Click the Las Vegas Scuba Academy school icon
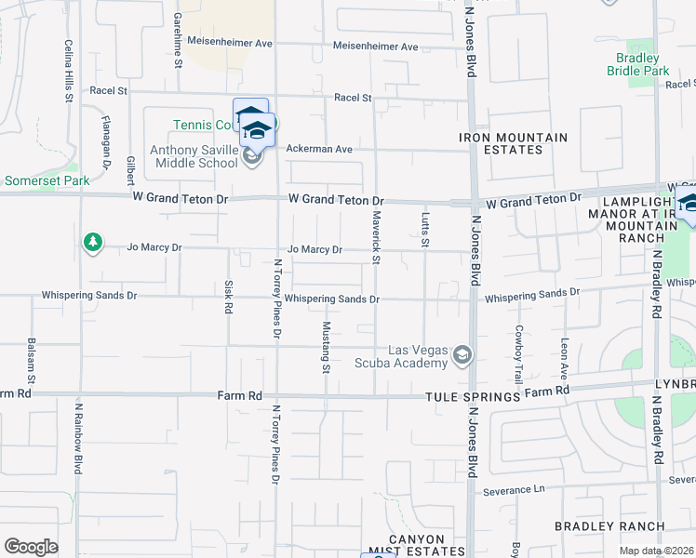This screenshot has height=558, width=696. click(462, 355)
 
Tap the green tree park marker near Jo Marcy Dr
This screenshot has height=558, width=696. click(92, 243)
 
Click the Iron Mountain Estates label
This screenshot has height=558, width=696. click(513, 143)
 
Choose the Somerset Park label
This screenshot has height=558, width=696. click(47, 180)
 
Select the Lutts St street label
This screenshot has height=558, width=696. click(425, 229)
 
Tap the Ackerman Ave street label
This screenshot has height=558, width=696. click(319, 149)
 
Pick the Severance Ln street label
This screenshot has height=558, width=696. click(514, 489)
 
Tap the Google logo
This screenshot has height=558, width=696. click(31, 547)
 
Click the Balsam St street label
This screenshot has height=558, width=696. click(32, 362)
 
